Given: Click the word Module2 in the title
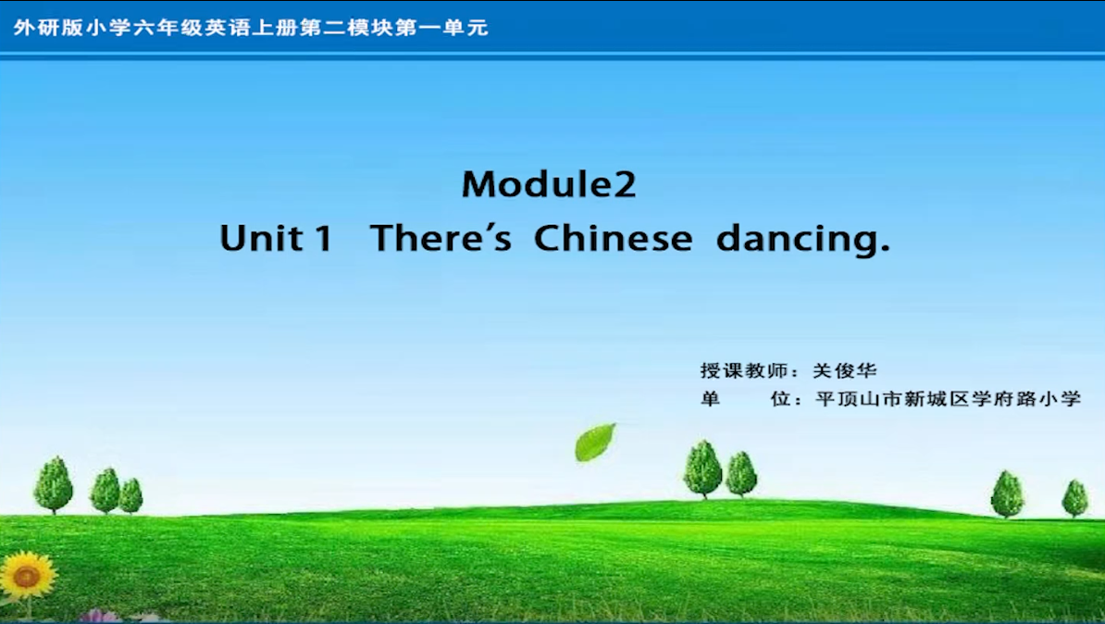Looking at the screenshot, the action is pyautogui.click(x=549, y=184).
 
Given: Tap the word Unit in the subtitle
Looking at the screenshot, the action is pyautogui.click(x=262, y=238).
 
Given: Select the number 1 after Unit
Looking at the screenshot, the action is pyautogui.click(x=324, y=238).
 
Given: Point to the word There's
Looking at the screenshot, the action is pyautogui.click(x=441, y=238).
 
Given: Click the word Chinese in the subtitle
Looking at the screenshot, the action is pyautogui.click(x=613, y=238).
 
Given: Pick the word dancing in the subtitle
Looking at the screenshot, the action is pyautogui.click(x=802, y=238).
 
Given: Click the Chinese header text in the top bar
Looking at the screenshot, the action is pyautogui.click(x=251, y=28).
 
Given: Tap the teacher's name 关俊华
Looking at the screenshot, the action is pyautogui.click(x=844, y=370).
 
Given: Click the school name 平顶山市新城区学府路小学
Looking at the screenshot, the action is pyautogui.click(x=948, y=399).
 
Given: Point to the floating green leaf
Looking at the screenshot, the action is pyautogui.click(x=595, y=443).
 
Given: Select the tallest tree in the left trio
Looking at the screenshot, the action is pyautogui.click(x=54, y=484).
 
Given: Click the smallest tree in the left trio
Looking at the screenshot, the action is pyautogui.click(x=131, y=495).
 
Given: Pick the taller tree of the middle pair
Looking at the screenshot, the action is pyautogui.click(x=702, y=468).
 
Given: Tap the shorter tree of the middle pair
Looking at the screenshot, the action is pyautogui.click(x=741, y=475).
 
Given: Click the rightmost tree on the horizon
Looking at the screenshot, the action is pyautogui.click(x=1074, y=498).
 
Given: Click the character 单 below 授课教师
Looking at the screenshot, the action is pyautogui.click(x=710, y=399).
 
